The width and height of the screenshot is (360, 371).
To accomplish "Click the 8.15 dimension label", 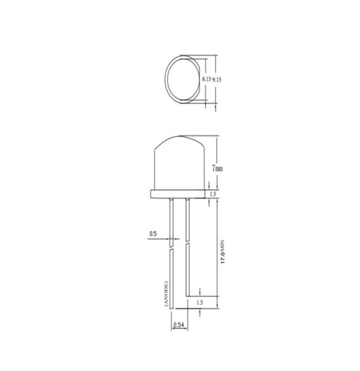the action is (x=207, y=79).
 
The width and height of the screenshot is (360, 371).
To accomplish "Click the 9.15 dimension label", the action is (x=217, y=79).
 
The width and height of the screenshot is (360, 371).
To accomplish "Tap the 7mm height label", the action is (x=217, y=169).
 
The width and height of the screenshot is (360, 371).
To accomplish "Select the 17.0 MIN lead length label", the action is (x=223, y=252).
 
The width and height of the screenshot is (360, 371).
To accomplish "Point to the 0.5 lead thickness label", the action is (x=153, y=234).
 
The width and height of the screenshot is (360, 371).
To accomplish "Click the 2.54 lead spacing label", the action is (x=178, y=324).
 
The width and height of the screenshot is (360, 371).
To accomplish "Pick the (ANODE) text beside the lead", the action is (x=166, y=294).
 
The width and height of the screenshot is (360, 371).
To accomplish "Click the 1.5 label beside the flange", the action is (x=213, y=194).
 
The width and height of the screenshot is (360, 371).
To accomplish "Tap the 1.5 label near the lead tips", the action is (x=200, y=302).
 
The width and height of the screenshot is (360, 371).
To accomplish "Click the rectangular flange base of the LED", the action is (x=178, y=194).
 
